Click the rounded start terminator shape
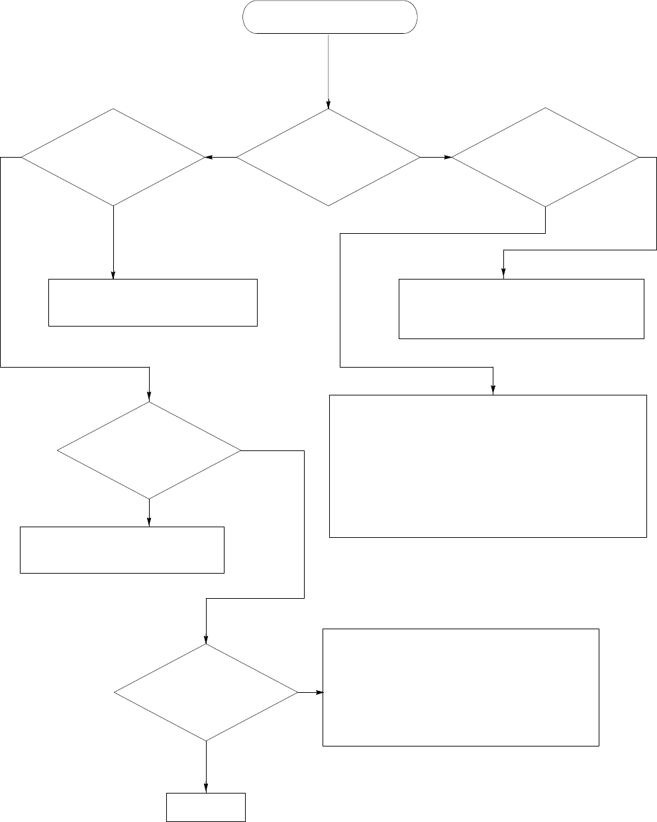pos(330,17)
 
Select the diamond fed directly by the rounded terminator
pos(328,158)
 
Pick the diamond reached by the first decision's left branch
pos(113,158)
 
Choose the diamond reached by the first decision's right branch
pos(546,158)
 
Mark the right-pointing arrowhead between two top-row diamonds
pos(448,158)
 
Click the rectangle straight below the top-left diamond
pos(152,303)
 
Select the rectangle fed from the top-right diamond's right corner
pos(521,309)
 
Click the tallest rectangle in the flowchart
pos(487,466)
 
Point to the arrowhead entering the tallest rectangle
pos(493,391)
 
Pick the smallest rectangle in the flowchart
pos(205,807)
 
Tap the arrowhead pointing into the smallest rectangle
pos(205,789)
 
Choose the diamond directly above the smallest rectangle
pos(205,693)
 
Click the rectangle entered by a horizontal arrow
pos(460,688)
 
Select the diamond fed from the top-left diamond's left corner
pos(149,450)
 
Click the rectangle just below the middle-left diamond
pos(122,550)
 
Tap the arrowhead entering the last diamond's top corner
pos(205,641)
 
